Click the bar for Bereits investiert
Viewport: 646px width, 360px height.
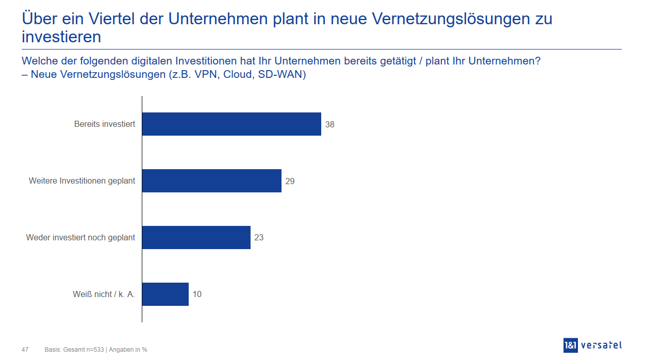click(231, 124)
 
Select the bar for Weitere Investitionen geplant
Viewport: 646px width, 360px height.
click(212, 181)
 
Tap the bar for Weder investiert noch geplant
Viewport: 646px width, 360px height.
click(196, 238)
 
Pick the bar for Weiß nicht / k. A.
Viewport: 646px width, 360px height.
click(165, 294)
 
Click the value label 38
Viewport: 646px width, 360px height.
click(330, 125)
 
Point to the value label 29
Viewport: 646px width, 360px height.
click(290, 182)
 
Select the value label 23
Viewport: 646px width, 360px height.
click(259, 238)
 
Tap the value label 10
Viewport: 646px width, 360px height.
click(197, 295)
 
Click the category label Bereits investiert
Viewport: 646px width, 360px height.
click(105, 124)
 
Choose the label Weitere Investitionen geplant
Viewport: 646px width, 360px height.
click(82, 181)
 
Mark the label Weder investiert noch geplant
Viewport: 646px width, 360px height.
click(80, 238)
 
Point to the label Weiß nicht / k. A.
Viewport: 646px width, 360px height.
click(104, 294)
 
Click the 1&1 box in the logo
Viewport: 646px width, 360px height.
click(571, 346)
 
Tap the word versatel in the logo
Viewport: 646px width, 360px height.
click(601, 346)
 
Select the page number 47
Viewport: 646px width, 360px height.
click(25, 350)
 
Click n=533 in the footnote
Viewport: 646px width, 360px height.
click(95, 350)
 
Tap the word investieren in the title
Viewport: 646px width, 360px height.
click(61, 37)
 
